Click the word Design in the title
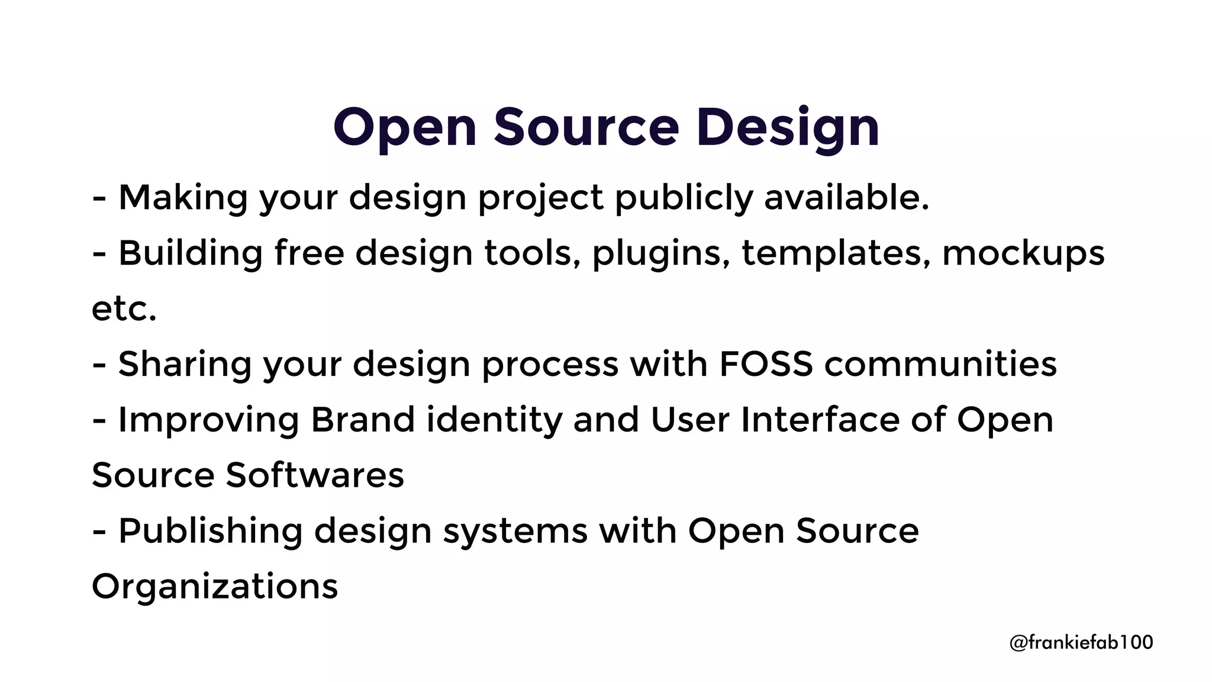pos(787,127)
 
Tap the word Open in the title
pos(405,127)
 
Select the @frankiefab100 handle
pos(1081,642)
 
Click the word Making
pos(183,197)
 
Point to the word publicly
pos(684,197)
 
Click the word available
pos(846,197)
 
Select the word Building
pos(190,253)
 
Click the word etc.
pos(124,308)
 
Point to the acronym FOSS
pos(766,363)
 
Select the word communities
pos(940,363)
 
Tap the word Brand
pos(363,420)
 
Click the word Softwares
pos(315,475)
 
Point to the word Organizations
pos(215,586)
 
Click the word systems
pos(515,530)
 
